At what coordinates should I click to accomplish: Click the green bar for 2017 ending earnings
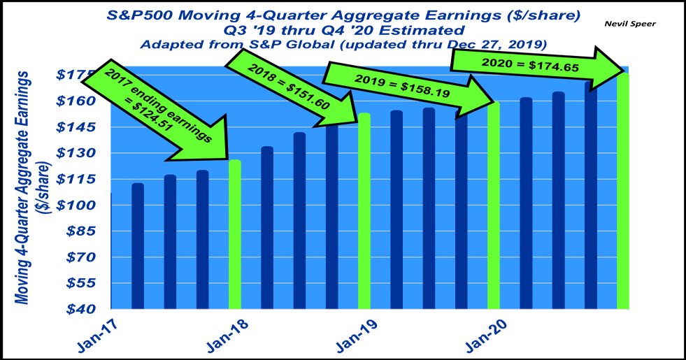click(235, 234)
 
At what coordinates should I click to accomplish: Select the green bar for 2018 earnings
click(364, 210)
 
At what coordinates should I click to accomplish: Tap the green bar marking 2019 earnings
click(494, 206)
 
